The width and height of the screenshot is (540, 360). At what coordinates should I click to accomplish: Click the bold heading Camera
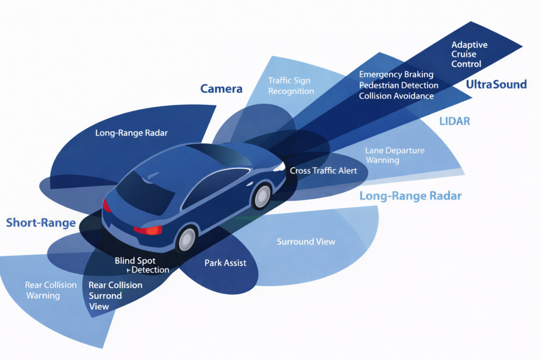coord(221,89)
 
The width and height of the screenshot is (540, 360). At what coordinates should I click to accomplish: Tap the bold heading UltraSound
coord(496,84)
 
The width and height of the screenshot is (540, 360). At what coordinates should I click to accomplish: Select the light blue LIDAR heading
coord(454,122)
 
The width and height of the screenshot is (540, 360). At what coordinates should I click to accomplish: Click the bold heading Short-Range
coord(41,222)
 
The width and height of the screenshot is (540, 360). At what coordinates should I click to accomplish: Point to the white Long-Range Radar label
coord(131,133)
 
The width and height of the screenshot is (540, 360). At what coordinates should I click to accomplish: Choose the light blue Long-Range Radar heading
coord(410,196)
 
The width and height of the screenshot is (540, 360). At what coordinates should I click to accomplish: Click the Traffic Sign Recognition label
coord(291,86)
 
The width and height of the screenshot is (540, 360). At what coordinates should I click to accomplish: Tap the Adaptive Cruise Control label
coord(467,54)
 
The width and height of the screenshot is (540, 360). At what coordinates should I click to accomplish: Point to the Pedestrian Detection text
coord(398,85)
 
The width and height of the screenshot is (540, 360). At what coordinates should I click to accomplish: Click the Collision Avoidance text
coord(396,96)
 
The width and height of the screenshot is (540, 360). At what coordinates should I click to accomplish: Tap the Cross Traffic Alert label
coord(323,170)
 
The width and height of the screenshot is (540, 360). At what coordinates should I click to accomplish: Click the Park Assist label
coord(225,262)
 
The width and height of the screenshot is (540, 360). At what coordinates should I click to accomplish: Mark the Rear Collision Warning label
coord(51,290)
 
